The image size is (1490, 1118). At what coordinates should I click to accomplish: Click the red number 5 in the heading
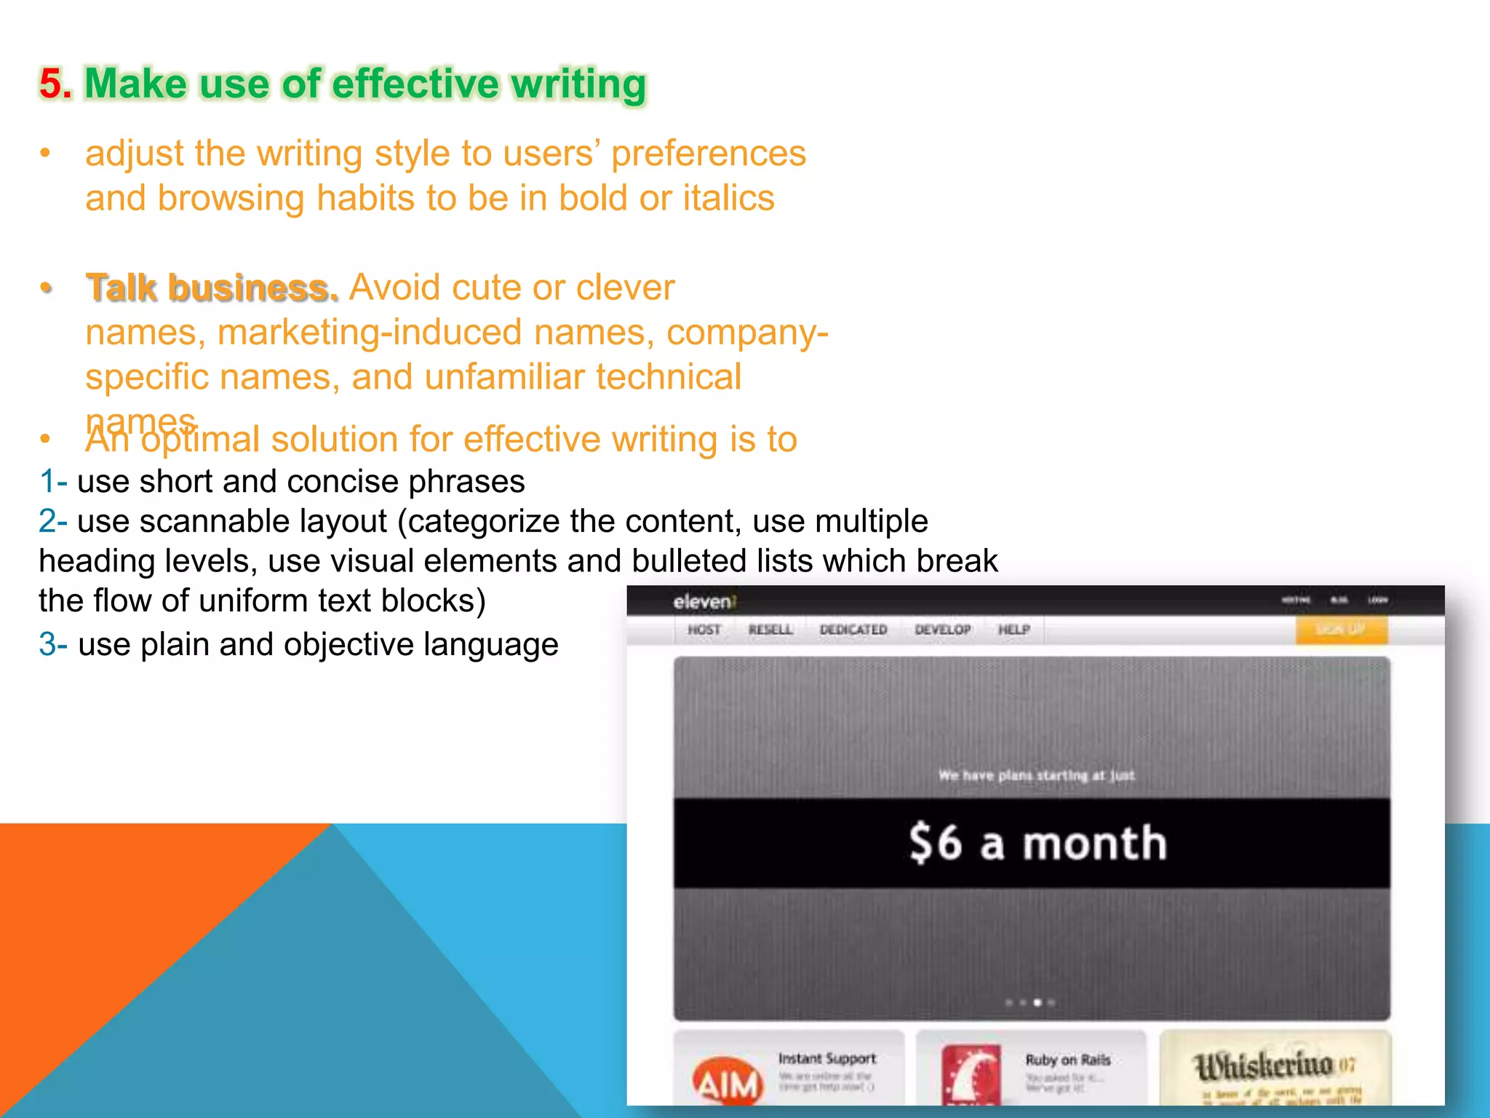(52, 84)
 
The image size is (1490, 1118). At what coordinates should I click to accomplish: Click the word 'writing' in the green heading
(578, 84)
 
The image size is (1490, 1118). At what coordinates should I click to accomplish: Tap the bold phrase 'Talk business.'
(212, 288)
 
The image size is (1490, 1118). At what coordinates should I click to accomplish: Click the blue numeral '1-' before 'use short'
(53, 482)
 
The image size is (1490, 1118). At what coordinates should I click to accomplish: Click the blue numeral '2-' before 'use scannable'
(53, 522)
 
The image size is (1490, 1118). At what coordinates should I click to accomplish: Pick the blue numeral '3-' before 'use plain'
(53, 645)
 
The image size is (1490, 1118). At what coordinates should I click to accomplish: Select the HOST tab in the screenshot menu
(704, 630)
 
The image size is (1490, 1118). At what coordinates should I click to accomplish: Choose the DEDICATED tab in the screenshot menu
(853, 630)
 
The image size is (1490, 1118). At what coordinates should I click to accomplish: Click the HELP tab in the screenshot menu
(1013, 630)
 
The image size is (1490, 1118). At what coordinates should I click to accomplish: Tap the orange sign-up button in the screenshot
(1341, 630)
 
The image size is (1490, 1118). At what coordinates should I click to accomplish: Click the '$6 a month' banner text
(1037, 843)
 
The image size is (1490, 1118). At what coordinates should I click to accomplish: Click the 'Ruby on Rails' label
(1067, 1060)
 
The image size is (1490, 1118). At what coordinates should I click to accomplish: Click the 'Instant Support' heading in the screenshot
(827, 1058)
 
